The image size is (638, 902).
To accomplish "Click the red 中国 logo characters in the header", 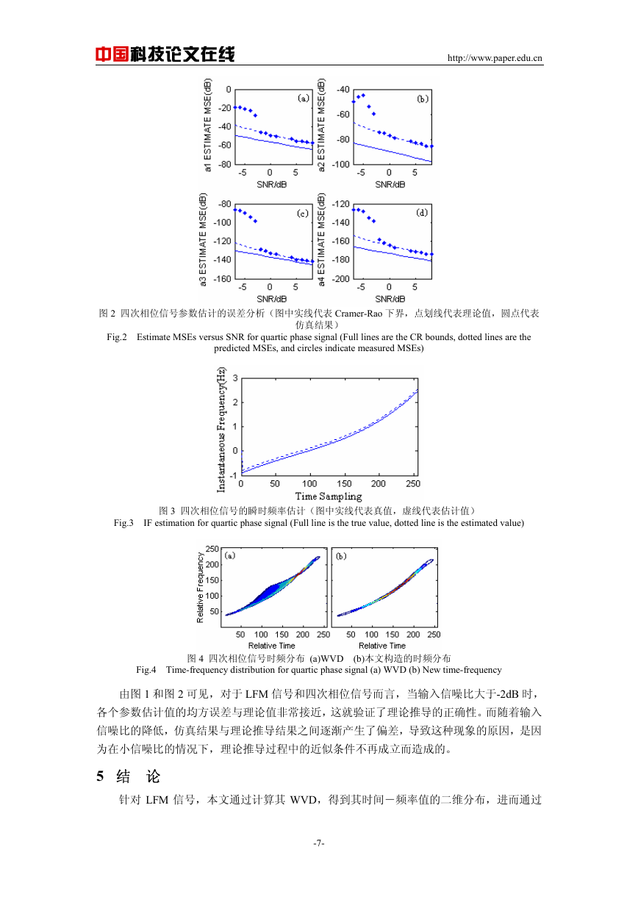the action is pos(112,54).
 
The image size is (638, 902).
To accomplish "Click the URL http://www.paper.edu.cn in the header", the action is pos(495,58).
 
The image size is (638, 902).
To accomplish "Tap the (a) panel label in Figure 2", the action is pos(303,98).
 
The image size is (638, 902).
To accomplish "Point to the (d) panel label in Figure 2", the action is pos(422,212).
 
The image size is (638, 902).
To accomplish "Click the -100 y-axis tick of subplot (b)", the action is pos(340,165).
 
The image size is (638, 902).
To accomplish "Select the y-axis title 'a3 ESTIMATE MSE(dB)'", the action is pos(203,239).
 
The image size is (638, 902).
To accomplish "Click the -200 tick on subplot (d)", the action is pos(340,278).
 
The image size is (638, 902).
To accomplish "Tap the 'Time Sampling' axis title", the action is pos(329,496).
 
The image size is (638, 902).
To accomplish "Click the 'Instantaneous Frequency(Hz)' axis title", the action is pos(221,430).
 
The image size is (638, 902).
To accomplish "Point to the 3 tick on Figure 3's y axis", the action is pos(235,378).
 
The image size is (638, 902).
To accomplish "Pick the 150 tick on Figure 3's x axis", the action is pos(344,483).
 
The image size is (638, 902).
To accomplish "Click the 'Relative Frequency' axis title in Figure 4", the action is pos(200,587).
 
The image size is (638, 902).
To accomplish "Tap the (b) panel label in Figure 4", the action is pos(341,556).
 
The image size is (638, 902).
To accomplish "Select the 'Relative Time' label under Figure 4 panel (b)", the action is pos(382,646).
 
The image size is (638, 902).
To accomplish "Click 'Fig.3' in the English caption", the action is pos(123,523).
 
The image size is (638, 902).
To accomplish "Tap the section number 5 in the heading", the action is pos(100,776).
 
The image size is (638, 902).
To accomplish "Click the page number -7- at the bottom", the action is pos(319,843).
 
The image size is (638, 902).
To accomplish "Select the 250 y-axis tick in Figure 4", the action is pos(212,549).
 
